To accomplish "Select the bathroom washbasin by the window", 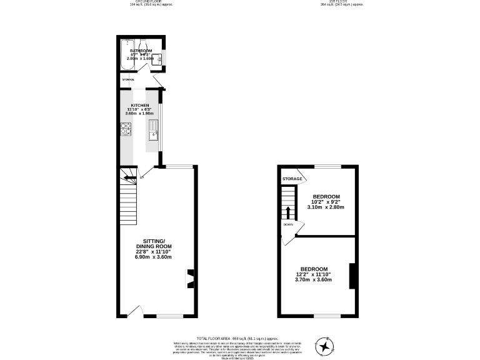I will point(159,59).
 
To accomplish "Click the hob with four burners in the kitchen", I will point(125,129).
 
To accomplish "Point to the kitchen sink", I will point(153,131).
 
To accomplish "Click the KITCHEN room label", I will point(139,105).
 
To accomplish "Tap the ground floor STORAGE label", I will point(128,80).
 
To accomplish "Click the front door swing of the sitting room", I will point(138,311).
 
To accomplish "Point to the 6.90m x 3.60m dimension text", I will point(154,257).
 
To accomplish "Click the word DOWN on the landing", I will point(288,224).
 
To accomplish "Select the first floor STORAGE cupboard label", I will point(292,179).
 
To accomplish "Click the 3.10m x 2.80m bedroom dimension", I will point(326,207).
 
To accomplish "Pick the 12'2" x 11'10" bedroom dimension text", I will point(318,274).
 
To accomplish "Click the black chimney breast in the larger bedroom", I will point(352,276).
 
